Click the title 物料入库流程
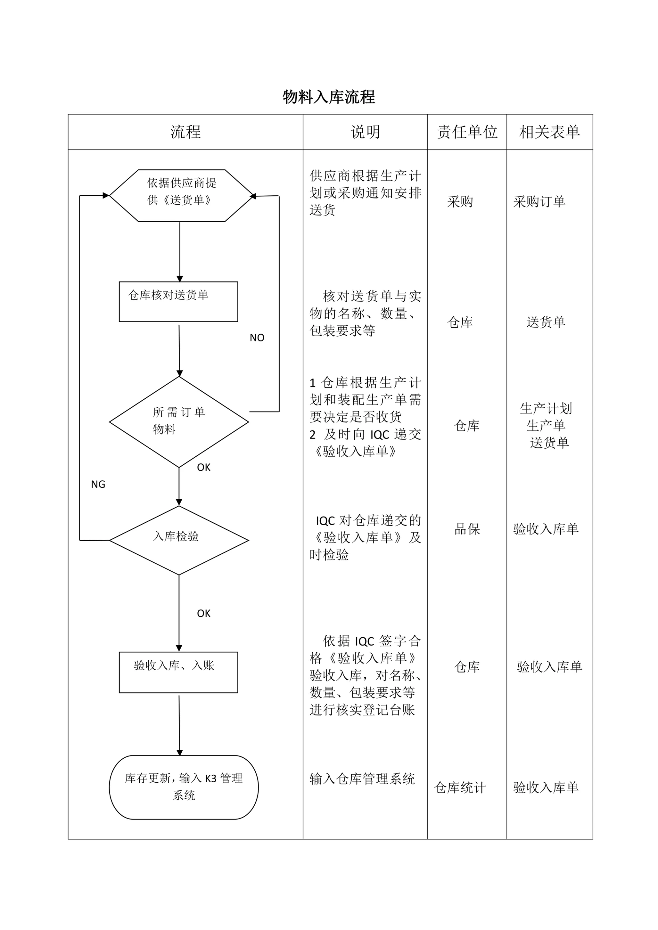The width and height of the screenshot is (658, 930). tap(329, 97)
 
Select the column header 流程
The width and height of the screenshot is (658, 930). tap(185, 132)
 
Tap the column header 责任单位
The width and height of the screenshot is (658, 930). tap(467, 132)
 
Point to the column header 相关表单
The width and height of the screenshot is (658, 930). tap(549, 132)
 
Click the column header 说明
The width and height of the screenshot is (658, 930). tap(365, 132)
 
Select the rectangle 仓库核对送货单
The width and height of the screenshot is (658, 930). tap(178, 302)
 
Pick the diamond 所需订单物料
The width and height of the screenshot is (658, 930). tap(179, 421)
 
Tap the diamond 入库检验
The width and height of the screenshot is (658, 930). tap(179, 540)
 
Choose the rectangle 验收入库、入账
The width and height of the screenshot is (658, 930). tap(178, 672)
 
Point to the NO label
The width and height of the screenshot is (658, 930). tap(257, 338)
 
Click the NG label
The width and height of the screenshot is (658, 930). tap(98, 484)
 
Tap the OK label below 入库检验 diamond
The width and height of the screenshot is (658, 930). tap(203, 614)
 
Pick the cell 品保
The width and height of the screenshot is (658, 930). tap(467, 529)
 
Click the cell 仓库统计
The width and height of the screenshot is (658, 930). tap(460, 787)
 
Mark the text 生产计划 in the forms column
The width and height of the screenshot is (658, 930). tap(546, 409)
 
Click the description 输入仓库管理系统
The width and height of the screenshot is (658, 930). tap(362, 779)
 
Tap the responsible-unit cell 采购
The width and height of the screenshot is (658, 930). tap(460, 202)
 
